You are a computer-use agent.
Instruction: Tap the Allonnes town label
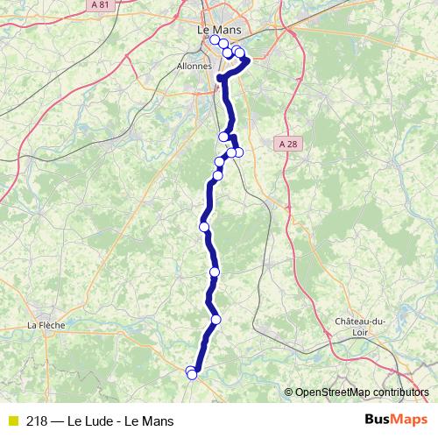[x=195, y=66]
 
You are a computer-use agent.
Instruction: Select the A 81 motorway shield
[x=75, y=5]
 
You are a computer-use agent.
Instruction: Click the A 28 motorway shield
[x=286, y=144]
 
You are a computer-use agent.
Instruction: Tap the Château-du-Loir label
[x=360, y=326]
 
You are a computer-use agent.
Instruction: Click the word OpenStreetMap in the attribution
[x=332, y=392]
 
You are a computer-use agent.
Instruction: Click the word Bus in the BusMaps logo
[x=378, y=420]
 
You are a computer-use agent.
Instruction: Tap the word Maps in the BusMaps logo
[x=411, y=420]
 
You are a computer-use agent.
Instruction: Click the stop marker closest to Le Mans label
[x=215, y=39]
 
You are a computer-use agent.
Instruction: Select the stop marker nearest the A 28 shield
[x=238, y=153]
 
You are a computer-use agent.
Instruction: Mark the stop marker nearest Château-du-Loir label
[x=215, y=319]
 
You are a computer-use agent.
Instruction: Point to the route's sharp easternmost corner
[x=249, y=60]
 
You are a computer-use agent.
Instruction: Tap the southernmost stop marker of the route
[x=193, y=375]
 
